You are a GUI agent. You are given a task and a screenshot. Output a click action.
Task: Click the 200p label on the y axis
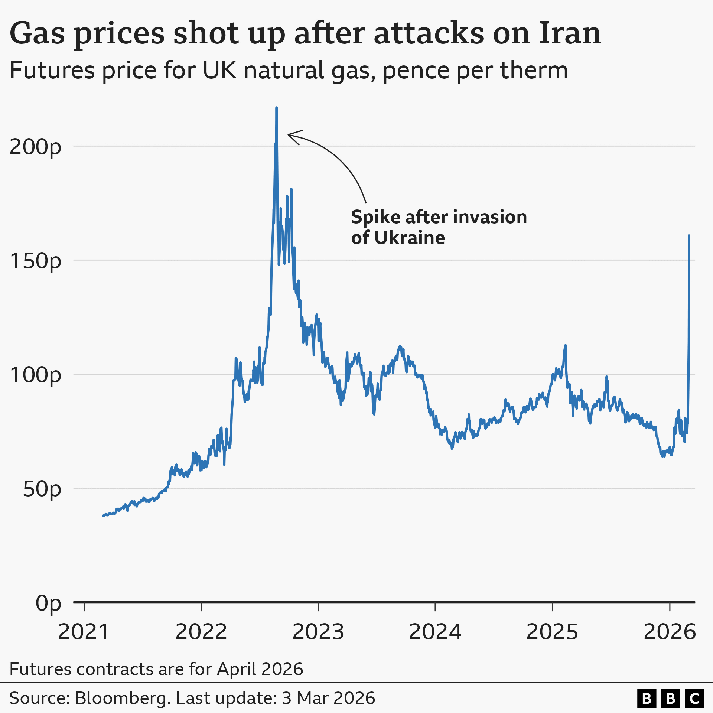[x=35, y=147]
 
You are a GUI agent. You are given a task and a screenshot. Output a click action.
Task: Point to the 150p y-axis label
[x=35, y=261]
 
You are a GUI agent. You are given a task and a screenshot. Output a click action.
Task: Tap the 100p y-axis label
[x=35, y=375]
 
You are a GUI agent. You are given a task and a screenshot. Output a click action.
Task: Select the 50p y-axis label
[x=42, y=489]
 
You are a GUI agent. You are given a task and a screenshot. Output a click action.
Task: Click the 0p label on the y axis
[x=48, y=603]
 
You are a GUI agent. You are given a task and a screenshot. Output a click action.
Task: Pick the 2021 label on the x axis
[x=84, y=632]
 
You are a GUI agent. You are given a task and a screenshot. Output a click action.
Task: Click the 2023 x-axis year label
[x=318, y=632]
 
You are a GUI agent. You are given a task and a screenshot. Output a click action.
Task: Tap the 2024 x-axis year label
[x=435, y=632]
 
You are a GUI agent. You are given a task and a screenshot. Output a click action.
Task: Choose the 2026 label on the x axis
[x=669, y=632]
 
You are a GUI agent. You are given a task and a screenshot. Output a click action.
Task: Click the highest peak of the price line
[x=276, y=108]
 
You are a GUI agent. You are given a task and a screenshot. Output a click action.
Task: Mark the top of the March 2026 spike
[x=689, y=236]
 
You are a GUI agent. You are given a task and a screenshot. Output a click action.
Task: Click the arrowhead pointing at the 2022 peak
[x=290, y=135]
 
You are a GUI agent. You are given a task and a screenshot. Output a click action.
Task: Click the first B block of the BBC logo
[x=647, y=699]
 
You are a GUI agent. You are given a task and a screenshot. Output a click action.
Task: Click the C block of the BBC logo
[x=694, y=699]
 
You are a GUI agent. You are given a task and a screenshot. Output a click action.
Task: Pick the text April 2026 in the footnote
[x=260, y=669]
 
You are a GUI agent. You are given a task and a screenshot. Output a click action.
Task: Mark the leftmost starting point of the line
[x=103, y=515]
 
